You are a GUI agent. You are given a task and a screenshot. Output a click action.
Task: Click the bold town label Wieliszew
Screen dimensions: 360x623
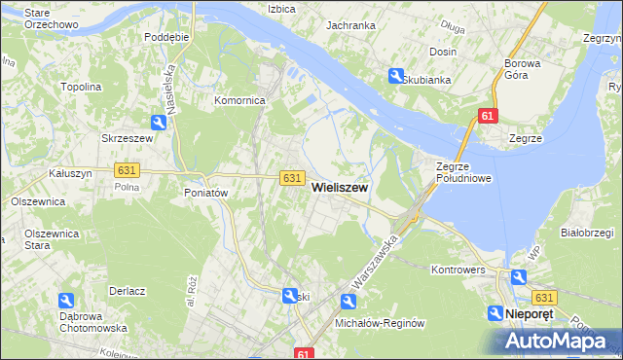pos(340,192)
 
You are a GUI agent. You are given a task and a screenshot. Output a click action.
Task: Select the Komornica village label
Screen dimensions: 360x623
pos(240,100)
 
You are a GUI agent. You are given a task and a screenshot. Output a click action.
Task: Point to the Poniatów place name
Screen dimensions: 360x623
pos(205,193)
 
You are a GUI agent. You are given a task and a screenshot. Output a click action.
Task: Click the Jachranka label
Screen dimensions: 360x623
pos(350,25)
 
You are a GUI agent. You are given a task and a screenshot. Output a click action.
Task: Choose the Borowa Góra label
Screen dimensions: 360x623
pos(530,70)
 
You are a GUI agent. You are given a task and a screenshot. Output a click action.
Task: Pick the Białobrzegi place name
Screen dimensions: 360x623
pos(587,234)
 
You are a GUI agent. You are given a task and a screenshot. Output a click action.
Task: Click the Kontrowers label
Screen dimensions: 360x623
pos(458,268)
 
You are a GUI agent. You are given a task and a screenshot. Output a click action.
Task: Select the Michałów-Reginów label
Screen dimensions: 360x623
pos(381,323)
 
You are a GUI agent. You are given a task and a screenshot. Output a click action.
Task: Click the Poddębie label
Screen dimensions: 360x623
pos(165,36)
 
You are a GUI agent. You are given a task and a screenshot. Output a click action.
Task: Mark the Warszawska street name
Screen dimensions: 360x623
pos(376,264)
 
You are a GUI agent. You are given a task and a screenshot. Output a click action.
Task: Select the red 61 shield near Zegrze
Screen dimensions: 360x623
pos(488,117)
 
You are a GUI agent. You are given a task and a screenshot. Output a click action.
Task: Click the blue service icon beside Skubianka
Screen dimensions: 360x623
pos(396,75)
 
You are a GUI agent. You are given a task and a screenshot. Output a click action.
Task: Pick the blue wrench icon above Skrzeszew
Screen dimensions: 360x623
pos(159,122)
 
